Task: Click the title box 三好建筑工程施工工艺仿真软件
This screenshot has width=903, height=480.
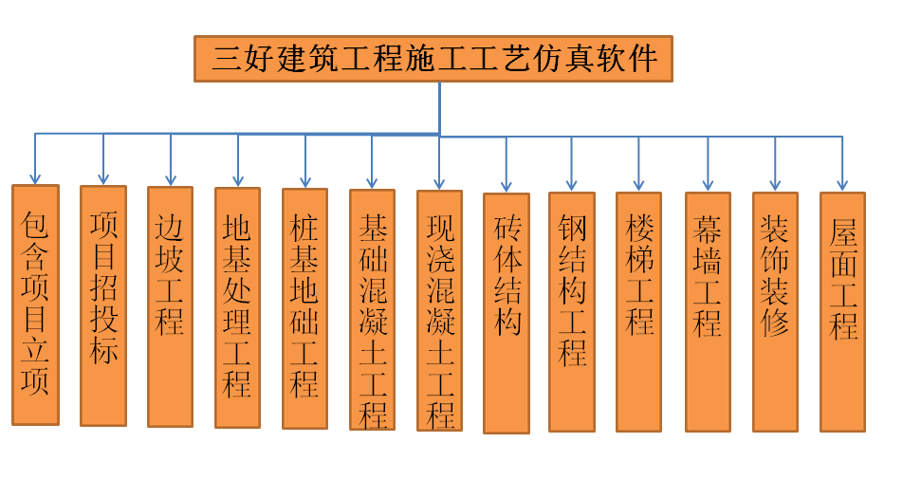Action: click(x=433, y=59)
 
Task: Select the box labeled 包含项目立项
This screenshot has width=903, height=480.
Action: click(x=35, y=304)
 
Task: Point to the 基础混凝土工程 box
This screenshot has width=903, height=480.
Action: click(x=372, y=309)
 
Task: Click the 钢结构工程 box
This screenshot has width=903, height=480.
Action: click(x=572, y=312)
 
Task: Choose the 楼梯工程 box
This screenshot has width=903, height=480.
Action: click(x=638, y=312)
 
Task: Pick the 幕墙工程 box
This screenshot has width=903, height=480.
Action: click(x=708, y=312)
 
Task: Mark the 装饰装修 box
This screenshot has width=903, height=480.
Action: click(x=775, y=312)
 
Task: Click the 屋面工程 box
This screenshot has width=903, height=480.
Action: click(x=842, y=312)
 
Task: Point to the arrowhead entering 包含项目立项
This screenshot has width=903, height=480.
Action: click(x=35, y=177)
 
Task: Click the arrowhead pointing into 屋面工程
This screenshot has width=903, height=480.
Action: click(x=842, y=185)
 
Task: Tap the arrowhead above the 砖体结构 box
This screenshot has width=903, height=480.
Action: click(x=507, y=186)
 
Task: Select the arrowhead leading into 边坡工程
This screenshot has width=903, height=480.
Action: click(x=171, y=179)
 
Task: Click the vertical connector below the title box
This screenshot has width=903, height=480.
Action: click(x=440, y=107)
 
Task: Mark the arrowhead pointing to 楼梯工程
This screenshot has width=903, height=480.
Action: click(x=638, y=185)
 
